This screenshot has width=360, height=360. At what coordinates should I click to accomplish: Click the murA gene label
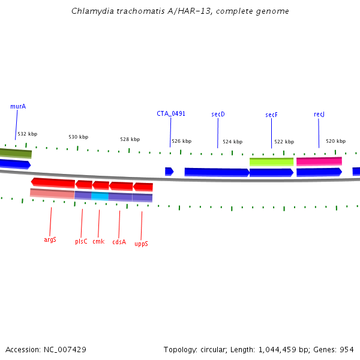(x=18, y=106)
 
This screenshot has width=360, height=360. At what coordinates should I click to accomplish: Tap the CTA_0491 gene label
(x=171, y=113)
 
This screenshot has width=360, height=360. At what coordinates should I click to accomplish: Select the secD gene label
(x=218, y=114)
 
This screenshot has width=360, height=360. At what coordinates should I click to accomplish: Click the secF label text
(x=271, y=115)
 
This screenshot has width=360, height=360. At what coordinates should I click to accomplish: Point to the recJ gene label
(x=319, y=114)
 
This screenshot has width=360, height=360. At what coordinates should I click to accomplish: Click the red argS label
(x=50, y=239)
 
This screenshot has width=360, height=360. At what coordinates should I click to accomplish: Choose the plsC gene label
(x=81, y=241)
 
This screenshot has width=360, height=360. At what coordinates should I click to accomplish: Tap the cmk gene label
(x=98, y=241)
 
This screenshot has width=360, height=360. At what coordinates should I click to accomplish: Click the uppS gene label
(x=141, y=244)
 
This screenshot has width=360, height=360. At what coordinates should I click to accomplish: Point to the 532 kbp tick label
(x=27, y=134)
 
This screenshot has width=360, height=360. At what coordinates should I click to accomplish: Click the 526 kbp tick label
(x=181, y=142)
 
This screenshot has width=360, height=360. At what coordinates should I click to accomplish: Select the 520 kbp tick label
(x=335, y=141)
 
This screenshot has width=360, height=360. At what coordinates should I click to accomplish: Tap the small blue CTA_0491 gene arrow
(x=169, y=172)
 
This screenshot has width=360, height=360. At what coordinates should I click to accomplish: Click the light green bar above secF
(x=271, y=161)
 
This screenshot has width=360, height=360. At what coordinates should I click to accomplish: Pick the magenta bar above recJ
(x=319, y=161)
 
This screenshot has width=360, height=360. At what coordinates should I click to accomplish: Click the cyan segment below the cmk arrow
(x=100, y=196)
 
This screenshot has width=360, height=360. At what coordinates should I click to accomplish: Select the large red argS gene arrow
(x=53, y=182)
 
